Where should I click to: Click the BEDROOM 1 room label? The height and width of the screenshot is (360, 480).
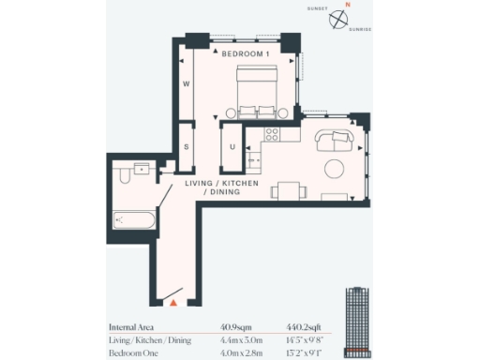(245, 55)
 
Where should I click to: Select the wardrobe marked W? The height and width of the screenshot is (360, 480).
(187, 84)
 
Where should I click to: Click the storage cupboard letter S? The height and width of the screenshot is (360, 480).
(187, 146)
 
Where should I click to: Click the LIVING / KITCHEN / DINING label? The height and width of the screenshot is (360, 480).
(221, 187)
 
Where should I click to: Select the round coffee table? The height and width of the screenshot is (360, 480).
(335, 170)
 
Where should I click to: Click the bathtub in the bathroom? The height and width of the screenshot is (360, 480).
(132, 221)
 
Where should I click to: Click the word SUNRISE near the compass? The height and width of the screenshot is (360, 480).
(359, 30)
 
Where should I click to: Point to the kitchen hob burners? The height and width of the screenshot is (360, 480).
(274, 132)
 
